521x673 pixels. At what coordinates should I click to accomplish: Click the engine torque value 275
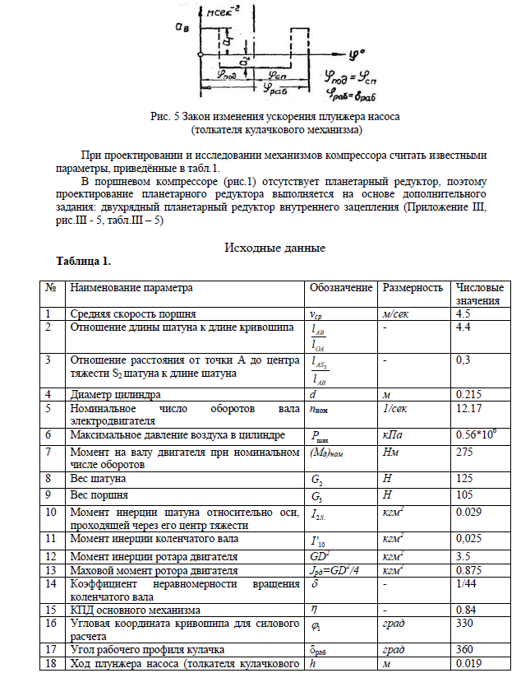click(x=463, y=453)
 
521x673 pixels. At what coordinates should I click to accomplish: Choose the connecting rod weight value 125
click(x=463, y=476)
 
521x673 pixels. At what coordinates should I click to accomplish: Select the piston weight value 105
click(x=463, y=495)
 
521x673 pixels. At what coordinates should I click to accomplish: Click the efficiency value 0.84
click(x=464, y=610)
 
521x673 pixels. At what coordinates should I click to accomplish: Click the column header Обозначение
click(x=341, y=288)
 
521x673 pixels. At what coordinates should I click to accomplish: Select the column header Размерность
click(x=413, y=288)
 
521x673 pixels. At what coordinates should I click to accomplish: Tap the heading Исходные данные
click(x=275, y=248)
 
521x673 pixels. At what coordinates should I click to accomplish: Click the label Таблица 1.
click(x=83, y=262)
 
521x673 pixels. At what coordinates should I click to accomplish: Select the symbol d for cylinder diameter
click(x=313, y=395)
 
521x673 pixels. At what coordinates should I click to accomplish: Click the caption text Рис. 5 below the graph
click(x=169, y=118)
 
